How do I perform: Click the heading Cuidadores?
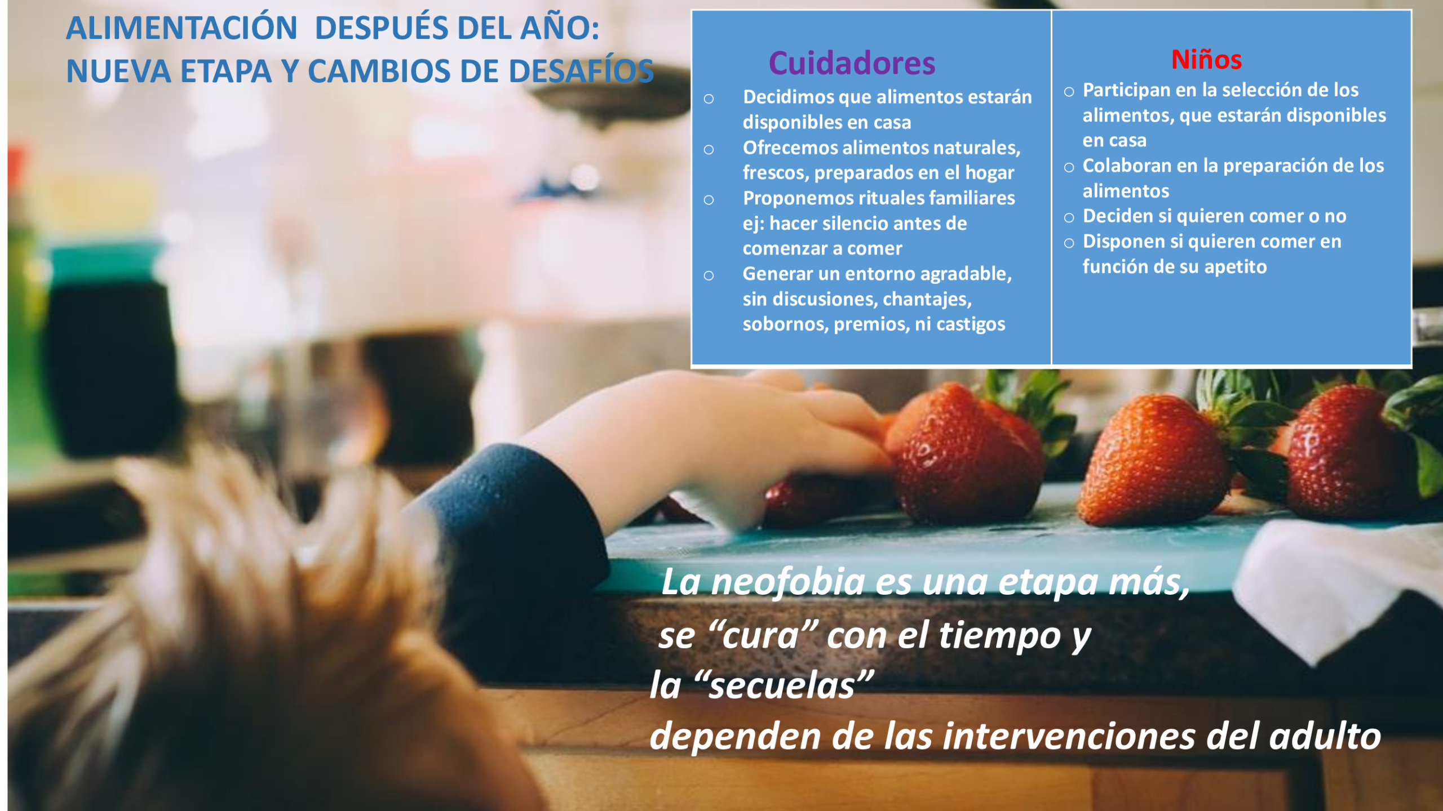(x=852, y=63)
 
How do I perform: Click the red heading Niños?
(x=1206, y=59)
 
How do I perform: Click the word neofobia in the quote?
(x=787, y=581)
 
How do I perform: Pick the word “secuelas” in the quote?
(x=784, y=685)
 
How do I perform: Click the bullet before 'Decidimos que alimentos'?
(x=709, y=99)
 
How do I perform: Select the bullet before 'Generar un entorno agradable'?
(x=709, y=275)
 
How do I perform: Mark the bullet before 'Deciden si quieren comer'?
(x=1069, y=218)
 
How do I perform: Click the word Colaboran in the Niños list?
(x=1129, y=166)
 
